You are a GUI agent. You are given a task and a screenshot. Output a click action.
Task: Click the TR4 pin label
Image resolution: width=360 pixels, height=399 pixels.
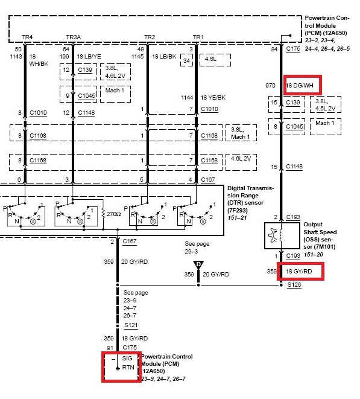point(27,37)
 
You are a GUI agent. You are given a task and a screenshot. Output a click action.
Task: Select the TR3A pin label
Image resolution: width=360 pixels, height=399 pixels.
point(74,37)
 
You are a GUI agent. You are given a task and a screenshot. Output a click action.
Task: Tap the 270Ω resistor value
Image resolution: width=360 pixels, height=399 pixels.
point(113,214)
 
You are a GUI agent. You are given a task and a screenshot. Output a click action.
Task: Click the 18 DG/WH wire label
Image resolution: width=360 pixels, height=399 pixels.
point(300,86)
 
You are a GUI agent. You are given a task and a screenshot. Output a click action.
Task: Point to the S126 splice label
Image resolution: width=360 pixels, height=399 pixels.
point(294,284)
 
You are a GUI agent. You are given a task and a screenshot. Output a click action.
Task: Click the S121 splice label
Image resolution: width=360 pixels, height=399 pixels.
point(131,325)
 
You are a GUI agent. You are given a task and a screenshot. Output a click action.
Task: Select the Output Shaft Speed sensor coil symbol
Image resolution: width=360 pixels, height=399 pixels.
point(280,235)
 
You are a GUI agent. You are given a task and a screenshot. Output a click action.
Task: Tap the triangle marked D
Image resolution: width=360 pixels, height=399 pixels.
point(198,265)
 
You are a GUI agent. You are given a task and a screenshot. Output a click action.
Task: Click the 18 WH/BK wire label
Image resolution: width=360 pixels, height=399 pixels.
point(39,60)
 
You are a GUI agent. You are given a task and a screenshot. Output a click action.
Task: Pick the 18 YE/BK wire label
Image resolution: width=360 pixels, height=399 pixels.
point(213,97)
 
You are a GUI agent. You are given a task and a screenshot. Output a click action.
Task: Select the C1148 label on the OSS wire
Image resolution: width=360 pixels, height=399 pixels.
point(294,167)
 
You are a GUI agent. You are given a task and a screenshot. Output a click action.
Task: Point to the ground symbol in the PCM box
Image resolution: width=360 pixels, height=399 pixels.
point(118,368)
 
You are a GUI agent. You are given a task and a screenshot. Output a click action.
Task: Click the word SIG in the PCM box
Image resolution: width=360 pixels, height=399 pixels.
point(127,359)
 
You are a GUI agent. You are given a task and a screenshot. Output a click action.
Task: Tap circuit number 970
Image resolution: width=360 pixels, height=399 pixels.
point(270,86)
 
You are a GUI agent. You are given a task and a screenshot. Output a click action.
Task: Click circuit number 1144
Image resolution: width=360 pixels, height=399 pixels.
point(187,97)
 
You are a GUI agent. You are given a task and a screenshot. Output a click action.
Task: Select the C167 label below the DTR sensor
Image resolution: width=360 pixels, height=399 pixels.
point(130,241)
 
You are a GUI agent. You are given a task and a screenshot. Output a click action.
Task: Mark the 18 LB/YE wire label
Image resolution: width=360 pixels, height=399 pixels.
point(89,56)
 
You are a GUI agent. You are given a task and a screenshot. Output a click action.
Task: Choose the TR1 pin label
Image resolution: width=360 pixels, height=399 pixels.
point(198,37)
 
